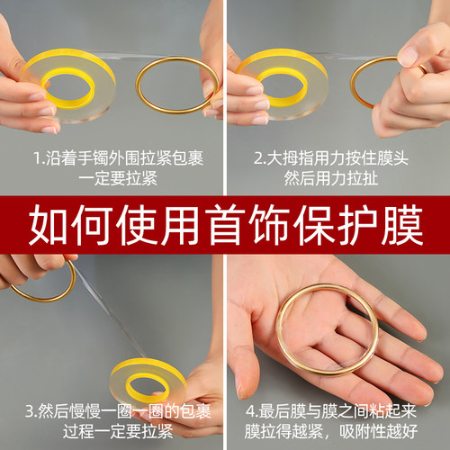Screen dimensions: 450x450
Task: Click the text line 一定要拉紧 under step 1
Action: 112,177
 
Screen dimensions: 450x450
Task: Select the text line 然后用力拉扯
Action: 338,177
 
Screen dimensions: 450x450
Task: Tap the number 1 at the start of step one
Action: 37,158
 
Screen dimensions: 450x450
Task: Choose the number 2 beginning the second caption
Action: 259,158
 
